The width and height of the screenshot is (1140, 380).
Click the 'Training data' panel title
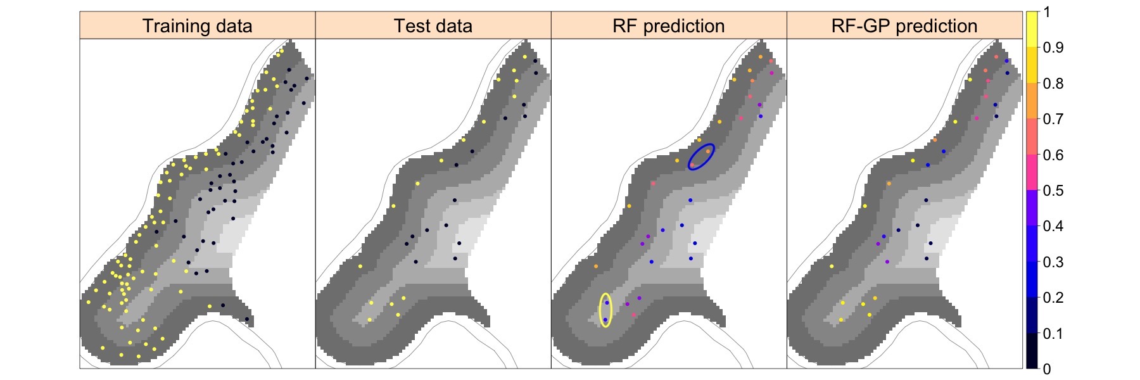tap(197, 26)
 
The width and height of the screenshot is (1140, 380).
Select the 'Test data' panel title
tap(433, 26)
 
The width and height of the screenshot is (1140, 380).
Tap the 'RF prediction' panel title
tap(669, 26)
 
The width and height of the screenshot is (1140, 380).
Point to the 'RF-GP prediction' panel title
tap(904, 26)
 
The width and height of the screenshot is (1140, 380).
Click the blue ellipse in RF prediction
tap(702, 156)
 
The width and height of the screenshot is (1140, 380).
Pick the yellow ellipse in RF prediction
tap(605, 310)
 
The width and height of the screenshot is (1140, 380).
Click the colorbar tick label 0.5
tap(1053, 191)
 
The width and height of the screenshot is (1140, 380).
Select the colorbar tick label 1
tap(1048, 12)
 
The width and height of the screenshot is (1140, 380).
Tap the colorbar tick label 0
tap(1048, 369)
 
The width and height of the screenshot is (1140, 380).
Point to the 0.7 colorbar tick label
tap(1053, 119)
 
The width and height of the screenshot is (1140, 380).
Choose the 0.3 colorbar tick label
tap(1053, 262)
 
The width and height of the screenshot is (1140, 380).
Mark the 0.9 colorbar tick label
tap(1053, 47)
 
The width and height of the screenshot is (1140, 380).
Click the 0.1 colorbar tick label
tap(1053, 334)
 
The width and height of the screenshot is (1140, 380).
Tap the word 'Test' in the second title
tap(410, 26)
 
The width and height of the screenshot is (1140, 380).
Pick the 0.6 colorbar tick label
tap(1053, 155)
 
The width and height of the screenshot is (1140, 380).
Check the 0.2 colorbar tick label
tap(1053, 298)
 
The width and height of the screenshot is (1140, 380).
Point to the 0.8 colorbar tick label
tap(1053, 84)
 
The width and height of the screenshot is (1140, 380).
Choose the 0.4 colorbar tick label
tap(1053, 226)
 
